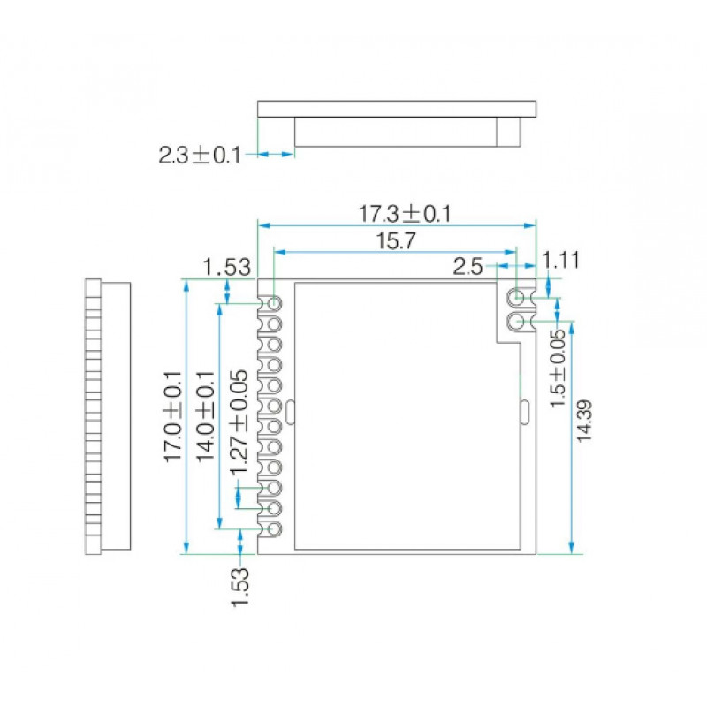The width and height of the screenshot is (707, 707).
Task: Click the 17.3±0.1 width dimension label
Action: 405,214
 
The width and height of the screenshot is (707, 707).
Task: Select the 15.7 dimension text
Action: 395,240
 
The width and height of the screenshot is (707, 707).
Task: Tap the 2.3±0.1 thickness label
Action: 200,156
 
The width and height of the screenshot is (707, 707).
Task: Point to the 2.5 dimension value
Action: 468,267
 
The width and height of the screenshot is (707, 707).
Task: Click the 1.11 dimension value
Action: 560,261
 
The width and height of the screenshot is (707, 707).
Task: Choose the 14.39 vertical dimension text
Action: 584,421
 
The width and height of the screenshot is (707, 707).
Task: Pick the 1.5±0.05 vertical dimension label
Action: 558,369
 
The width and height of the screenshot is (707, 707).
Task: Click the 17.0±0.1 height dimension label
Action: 172,416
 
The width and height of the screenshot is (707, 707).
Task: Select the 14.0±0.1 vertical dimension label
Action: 205,416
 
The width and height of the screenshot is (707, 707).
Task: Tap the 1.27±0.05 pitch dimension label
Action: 239,422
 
